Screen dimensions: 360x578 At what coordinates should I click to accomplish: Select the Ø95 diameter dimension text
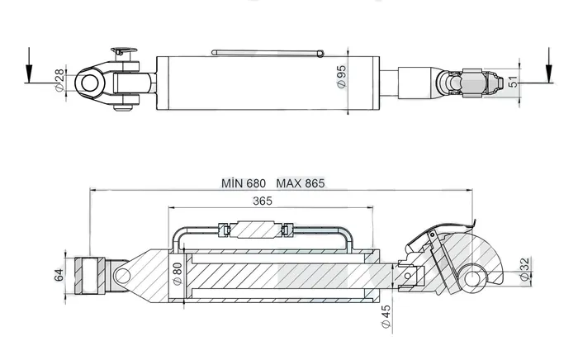pos(341,78)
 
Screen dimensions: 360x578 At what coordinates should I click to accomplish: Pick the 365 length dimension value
pos(263,201)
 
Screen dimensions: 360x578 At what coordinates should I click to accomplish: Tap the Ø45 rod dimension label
pos(386,316)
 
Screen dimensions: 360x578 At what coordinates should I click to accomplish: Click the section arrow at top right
pos(549,66)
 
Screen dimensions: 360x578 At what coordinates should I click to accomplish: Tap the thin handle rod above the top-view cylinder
pos(264,54)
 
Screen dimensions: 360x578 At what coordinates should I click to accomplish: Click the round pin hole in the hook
pos(474,277)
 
